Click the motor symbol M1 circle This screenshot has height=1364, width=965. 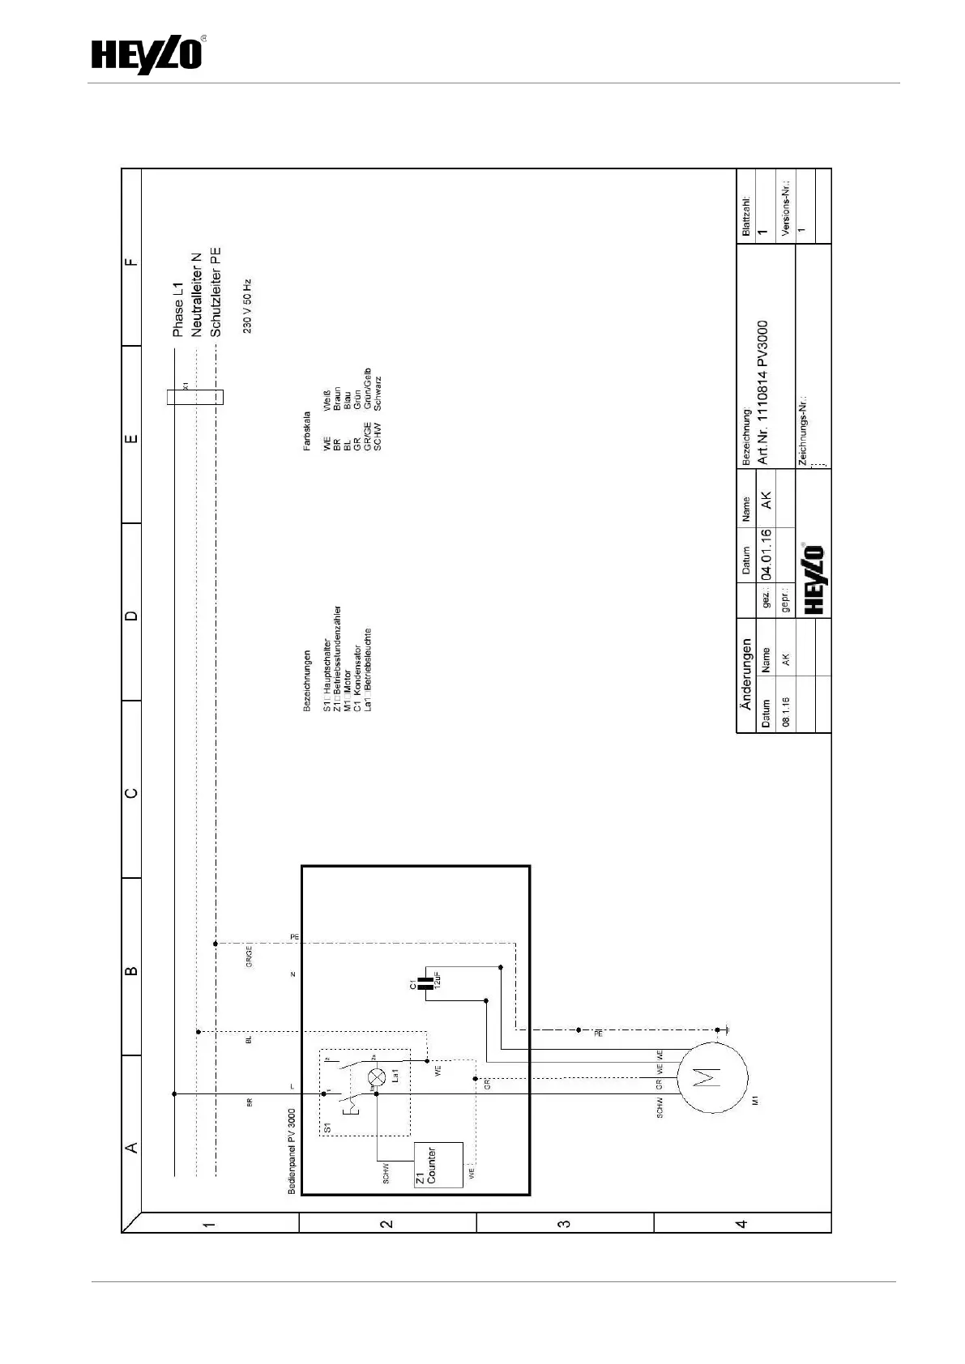(710, 1076)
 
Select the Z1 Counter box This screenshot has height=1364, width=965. (438, 1165)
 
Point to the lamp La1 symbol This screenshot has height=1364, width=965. (377, 1076)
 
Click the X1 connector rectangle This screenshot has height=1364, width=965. (194, 397)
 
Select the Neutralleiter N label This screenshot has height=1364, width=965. (197, 295)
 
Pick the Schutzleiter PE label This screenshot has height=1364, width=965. (215, 292)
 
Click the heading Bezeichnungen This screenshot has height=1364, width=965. (307, 680)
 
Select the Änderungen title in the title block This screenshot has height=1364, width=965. (746, 675)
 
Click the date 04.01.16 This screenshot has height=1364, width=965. (766, 555)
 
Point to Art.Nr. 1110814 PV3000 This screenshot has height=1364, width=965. (763, 392)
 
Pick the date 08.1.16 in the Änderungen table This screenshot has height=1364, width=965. (786, 708)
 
